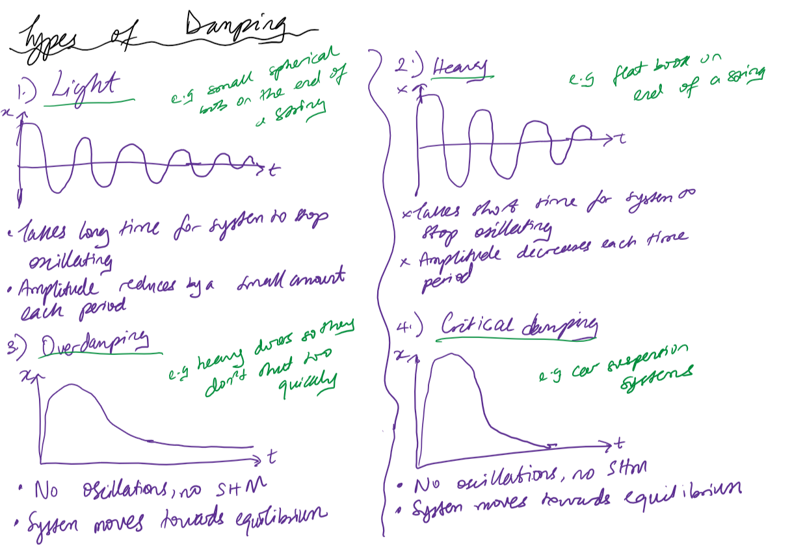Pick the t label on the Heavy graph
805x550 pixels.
(x=622, y=139)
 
